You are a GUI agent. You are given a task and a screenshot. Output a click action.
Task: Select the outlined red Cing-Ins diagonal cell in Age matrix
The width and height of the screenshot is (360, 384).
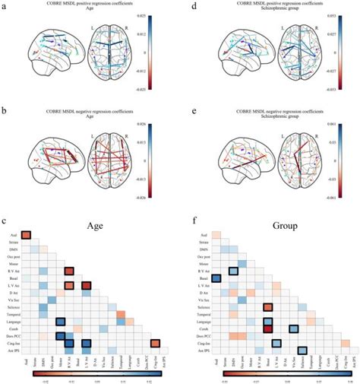point(155,343)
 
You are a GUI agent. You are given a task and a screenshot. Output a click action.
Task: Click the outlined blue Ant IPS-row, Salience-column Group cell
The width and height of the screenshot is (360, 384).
point(302,351)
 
